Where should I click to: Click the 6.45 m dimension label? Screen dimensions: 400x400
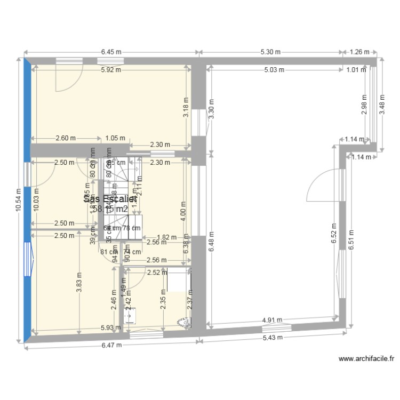(x=111, y=52)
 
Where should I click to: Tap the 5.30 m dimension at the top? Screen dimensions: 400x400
(x=271, y=52)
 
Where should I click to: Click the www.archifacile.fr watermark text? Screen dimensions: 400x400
(x=366, y=359)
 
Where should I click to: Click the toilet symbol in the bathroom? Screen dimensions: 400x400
(x=183, y=322)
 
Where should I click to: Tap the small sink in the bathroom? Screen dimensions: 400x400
(x=131, y=316)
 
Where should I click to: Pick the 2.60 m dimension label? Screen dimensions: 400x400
(x=66, y=138)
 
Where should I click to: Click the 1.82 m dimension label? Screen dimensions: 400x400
(x=167, y=238)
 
